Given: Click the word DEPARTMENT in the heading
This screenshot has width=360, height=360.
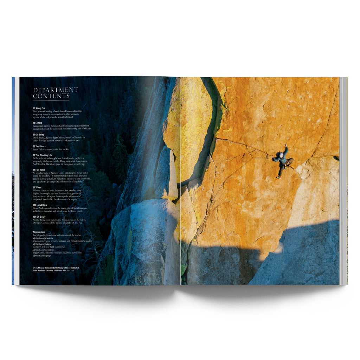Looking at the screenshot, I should click(x=56, y=90).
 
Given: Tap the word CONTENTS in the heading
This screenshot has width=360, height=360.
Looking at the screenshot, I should click(x=51, y=96).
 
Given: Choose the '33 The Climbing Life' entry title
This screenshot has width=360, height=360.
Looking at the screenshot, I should click(x=44, y=155).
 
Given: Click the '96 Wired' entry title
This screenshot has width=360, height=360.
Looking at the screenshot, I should click(x=38, y=187).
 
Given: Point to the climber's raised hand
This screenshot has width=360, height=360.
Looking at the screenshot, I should click(x=286, y=146).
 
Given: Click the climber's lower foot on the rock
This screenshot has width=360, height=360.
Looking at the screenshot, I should click(x=278, y=177).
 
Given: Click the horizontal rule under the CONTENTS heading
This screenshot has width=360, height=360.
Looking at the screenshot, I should click(x=51, y=100).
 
